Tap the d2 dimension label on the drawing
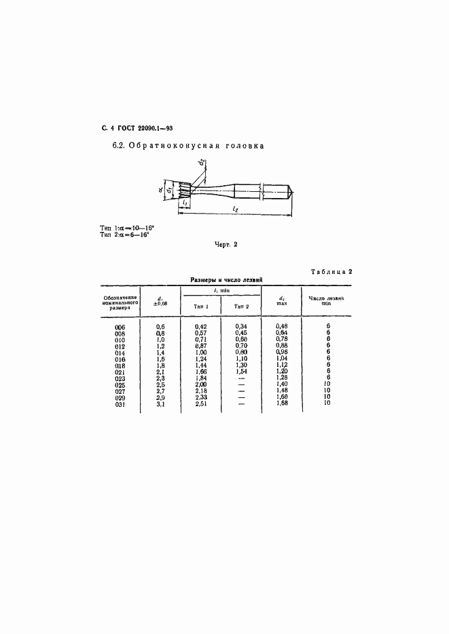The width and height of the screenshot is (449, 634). [203, 163]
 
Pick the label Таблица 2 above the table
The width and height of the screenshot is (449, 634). [331, 272]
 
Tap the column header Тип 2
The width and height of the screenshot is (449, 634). [242, 306]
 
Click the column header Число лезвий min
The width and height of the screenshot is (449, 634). [327, 300]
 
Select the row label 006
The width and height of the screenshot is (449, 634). [121, 327]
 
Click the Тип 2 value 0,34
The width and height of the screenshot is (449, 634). [241, 327]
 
